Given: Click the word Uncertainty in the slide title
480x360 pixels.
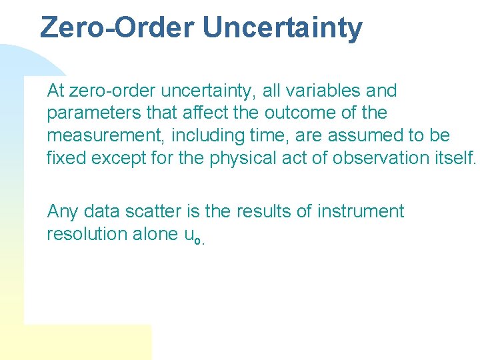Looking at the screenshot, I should click(283, 28).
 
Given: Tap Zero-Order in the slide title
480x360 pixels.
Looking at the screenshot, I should click(117, 28).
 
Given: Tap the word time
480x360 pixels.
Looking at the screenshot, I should click(267, 135).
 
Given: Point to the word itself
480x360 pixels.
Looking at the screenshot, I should click(454, 158).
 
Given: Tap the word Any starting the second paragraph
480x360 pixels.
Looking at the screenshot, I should click(63, 212).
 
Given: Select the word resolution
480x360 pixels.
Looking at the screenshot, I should click(89, 234).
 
